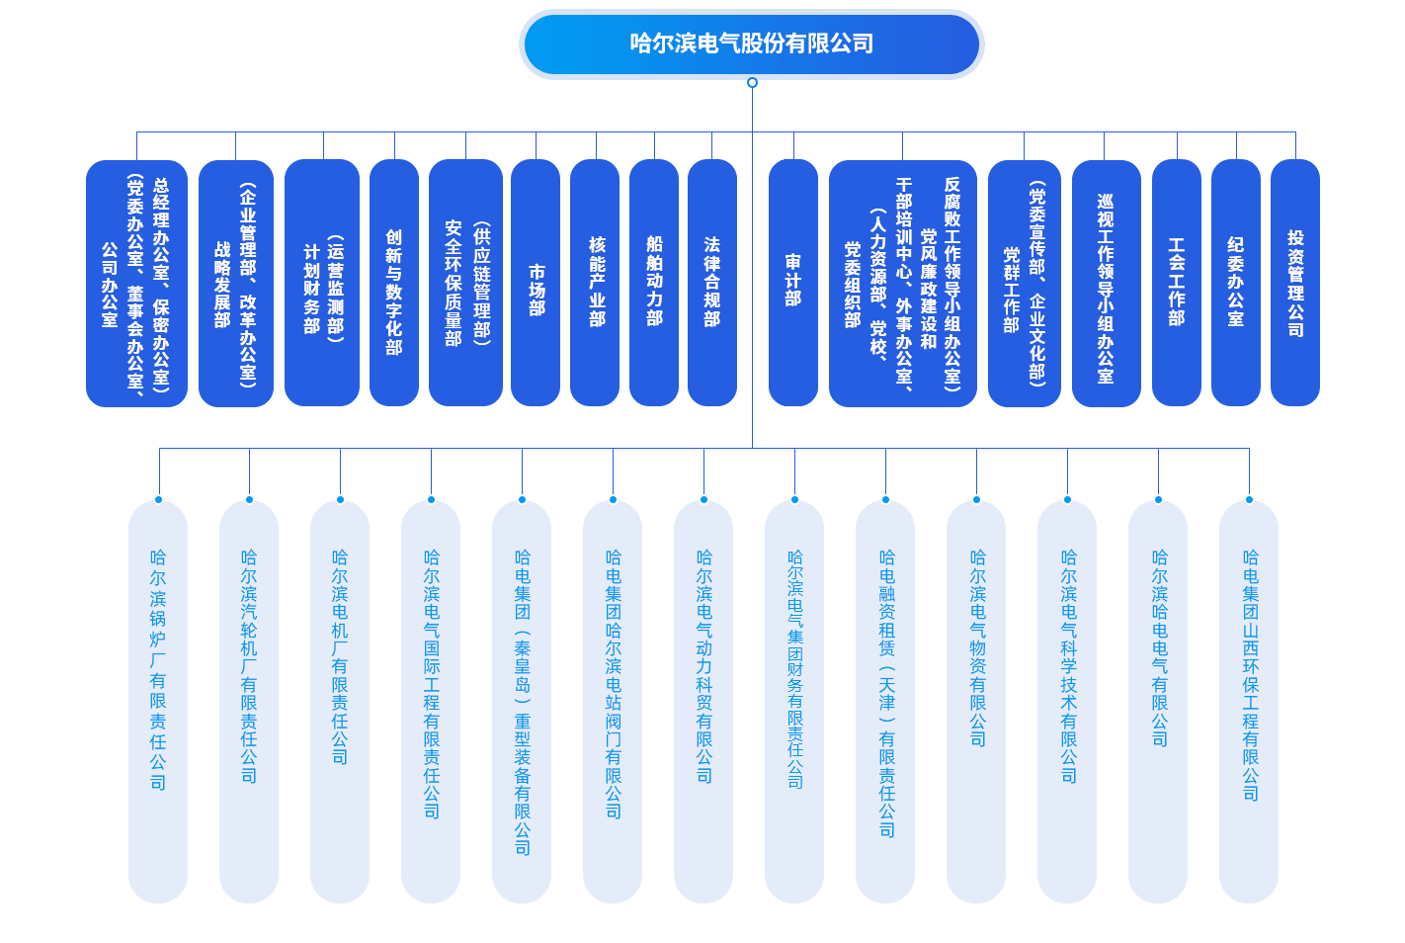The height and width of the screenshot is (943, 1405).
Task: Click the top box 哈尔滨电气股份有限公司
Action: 751,43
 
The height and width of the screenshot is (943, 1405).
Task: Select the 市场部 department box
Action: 536,284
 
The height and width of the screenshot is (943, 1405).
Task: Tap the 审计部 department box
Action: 792,284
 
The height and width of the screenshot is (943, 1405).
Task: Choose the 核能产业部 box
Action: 595,284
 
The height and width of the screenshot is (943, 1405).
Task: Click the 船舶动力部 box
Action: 654,284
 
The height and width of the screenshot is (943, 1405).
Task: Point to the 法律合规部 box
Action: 712,284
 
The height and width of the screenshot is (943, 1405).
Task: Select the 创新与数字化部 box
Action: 394,284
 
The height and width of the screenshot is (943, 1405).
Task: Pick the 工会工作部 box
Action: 1177,284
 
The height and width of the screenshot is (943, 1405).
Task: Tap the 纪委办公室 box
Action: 1236,284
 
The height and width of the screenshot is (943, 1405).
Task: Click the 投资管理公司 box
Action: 1295,284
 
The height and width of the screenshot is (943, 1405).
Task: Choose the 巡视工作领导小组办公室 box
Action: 1106,284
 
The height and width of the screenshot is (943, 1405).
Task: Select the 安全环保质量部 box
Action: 465,284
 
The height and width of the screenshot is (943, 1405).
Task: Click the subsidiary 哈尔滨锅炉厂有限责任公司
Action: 158,702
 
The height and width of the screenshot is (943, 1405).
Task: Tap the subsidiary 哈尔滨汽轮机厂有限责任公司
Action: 249,702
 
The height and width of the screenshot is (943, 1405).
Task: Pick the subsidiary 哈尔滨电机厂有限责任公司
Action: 340,702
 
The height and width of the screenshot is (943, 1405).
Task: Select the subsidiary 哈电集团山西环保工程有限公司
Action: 1249,702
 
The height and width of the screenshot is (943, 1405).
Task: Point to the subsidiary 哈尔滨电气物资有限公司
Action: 976,702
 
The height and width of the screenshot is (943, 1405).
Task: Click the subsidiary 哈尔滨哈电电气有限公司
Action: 1158,702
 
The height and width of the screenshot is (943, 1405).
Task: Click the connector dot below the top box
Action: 752,83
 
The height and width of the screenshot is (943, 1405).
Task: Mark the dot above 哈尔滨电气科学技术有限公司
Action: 1067,499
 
